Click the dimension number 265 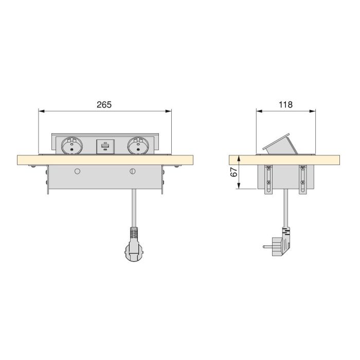(x=104, y=104)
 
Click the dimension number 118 (x=285, y=104)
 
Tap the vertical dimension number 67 (x=232, y=173)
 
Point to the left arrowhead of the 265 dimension (x=42, y=110)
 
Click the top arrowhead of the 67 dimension (x=239, y=155)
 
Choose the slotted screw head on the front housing (x=133, y=171)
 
